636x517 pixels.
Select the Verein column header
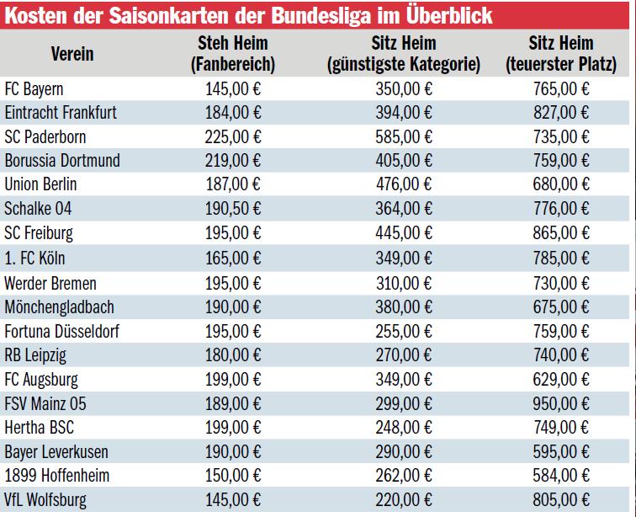[x=72, y=53]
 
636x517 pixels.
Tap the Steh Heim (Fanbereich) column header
[x=233, y=53]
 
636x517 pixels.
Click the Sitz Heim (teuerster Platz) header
[x=561, y=53]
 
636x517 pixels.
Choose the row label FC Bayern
[x=34, y=88]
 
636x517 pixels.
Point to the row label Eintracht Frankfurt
[x=61, y=112]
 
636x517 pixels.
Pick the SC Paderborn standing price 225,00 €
[x=233, y=136]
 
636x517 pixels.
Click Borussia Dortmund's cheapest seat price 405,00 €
[x=404, y=160]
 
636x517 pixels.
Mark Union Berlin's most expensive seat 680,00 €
[x=561, y=184]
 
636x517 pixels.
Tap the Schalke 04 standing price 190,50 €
[x=233, y=209]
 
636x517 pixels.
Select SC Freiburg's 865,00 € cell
[x=561, y=232]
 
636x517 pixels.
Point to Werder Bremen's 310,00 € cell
[x=404, y=284]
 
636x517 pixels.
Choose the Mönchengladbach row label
[x=59, y=307]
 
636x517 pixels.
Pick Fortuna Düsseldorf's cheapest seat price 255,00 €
[x=404, y=332]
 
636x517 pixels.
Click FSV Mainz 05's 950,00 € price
[x=561, y=404]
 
